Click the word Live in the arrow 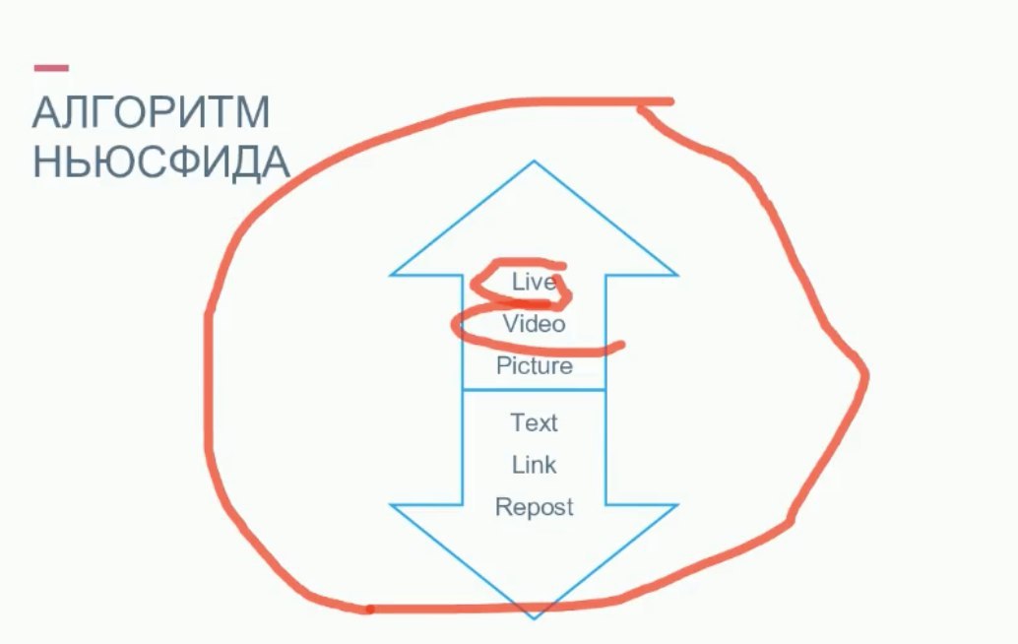(534, 282)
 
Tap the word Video (534, 323)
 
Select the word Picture (534, 366)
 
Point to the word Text (534, 422)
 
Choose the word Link (534, 465)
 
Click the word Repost (534, 507)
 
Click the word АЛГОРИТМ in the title (151, 114)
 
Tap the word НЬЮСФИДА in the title (160, 162)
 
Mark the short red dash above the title (51, 68)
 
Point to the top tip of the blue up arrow (534, 162)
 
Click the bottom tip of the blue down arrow (534, 617)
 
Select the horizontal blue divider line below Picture (534, 390)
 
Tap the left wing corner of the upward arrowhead (393, 275)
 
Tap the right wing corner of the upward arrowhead (676, 275)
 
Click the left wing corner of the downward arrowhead (393, 505)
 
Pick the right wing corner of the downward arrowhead (676, 505)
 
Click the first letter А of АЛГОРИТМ (44, 114)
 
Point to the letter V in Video (510, 323)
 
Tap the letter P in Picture (502, 366)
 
